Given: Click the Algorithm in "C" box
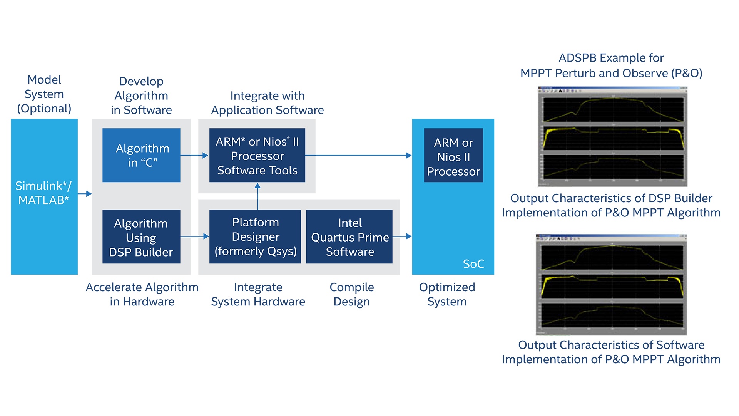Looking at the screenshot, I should [x=141, y=155].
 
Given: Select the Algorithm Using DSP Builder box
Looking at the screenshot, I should [x=141, y=237].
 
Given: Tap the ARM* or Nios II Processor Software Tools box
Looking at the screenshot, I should [x=257, y=155].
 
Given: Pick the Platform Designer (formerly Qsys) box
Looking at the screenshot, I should [x=255, y=237].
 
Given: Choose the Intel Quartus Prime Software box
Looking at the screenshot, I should [x=349, y=237].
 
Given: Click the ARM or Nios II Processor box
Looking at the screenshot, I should [x=453, y=155].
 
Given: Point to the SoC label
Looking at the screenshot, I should [x=473, y=264].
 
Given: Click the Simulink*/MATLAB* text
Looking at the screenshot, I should [x=43, y=193].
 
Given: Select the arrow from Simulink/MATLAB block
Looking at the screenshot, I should [x=85, y=194].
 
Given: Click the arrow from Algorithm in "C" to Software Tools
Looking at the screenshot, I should [x=194, y=155].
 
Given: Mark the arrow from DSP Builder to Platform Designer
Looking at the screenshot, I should [x=195, y=236].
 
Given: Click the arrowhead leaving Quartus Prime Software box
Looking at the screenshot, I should [x=408, y=236].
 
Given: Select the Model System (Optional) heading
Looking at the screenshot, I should [x=44, y=94].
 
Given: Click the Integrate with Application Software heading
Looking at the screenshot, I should [x=267, y=103].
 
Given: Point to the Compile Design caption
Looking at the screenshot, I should [x=351, y=294].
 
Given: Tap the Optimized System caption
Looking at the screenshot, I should [x=447, y=294].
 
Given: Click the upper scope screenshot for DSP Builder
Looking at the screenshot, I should [x=612, y=136].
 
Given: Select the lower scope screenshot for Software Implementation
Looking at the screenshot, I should [x=611, y=284].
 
